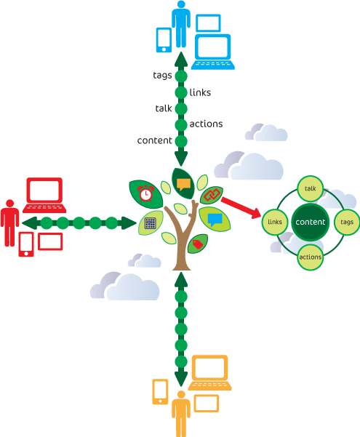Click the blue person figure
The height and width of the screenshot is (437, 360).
pyautogui.click(x=181, y=24)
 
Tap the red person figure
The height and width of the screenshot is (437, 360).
pyautogui.click(x=9, y=223)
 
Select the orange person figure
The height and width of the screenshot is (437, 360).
pyautogui.click(x=181, y=414)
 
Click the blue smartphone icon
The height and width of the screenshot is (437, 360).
pyautogui.click(x=164, y=40)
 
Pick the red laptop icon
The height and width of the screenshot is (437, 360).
pyautogui.click(x=44, y=195)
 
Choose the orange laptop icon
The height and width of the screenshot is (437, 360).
pyautogui.click(x=209, y=372)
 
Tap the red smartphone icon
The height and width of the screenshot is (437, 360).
pyautogui.click(x=26, y=244)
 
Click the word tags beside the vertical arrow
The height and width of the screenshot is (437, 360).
pyautogui.click(x=162, y=76)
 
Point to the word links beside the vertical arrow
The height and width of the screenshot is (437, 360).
pyautogui.click(x=200, y=92)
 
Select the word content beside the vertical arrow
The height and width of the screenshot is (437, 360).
pyautogui.click(x=154, y=140)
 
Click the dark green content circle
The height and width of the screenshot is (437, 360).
pyautogui.click(x=311, y=222)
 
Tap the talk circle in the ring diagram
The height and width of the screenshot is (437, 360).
pyautogui.click(x=311, y=188)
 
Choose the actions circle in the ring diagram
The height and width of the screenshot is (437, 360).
pyautogui.click(x=311, y=257)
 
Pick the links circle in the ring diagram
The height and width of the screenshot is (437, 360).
pyautogui.click(x=275, y=222)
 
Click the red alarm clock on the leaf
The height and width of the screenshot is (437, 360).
pyautogui.click(x=145, y=193)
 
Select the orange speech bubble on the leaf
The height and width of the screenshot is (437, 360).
pyautogui.click(x=183, y=184)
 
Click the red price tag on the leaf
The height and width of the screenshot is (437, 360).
pyautogui.click(x=197, y=244)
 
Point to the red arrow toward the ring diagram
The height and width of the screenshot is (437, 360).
pyautogui.click(x=241, y=208)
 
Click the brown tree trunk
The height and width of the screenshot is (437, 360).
pyautogui.click(x=182, y=237)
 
